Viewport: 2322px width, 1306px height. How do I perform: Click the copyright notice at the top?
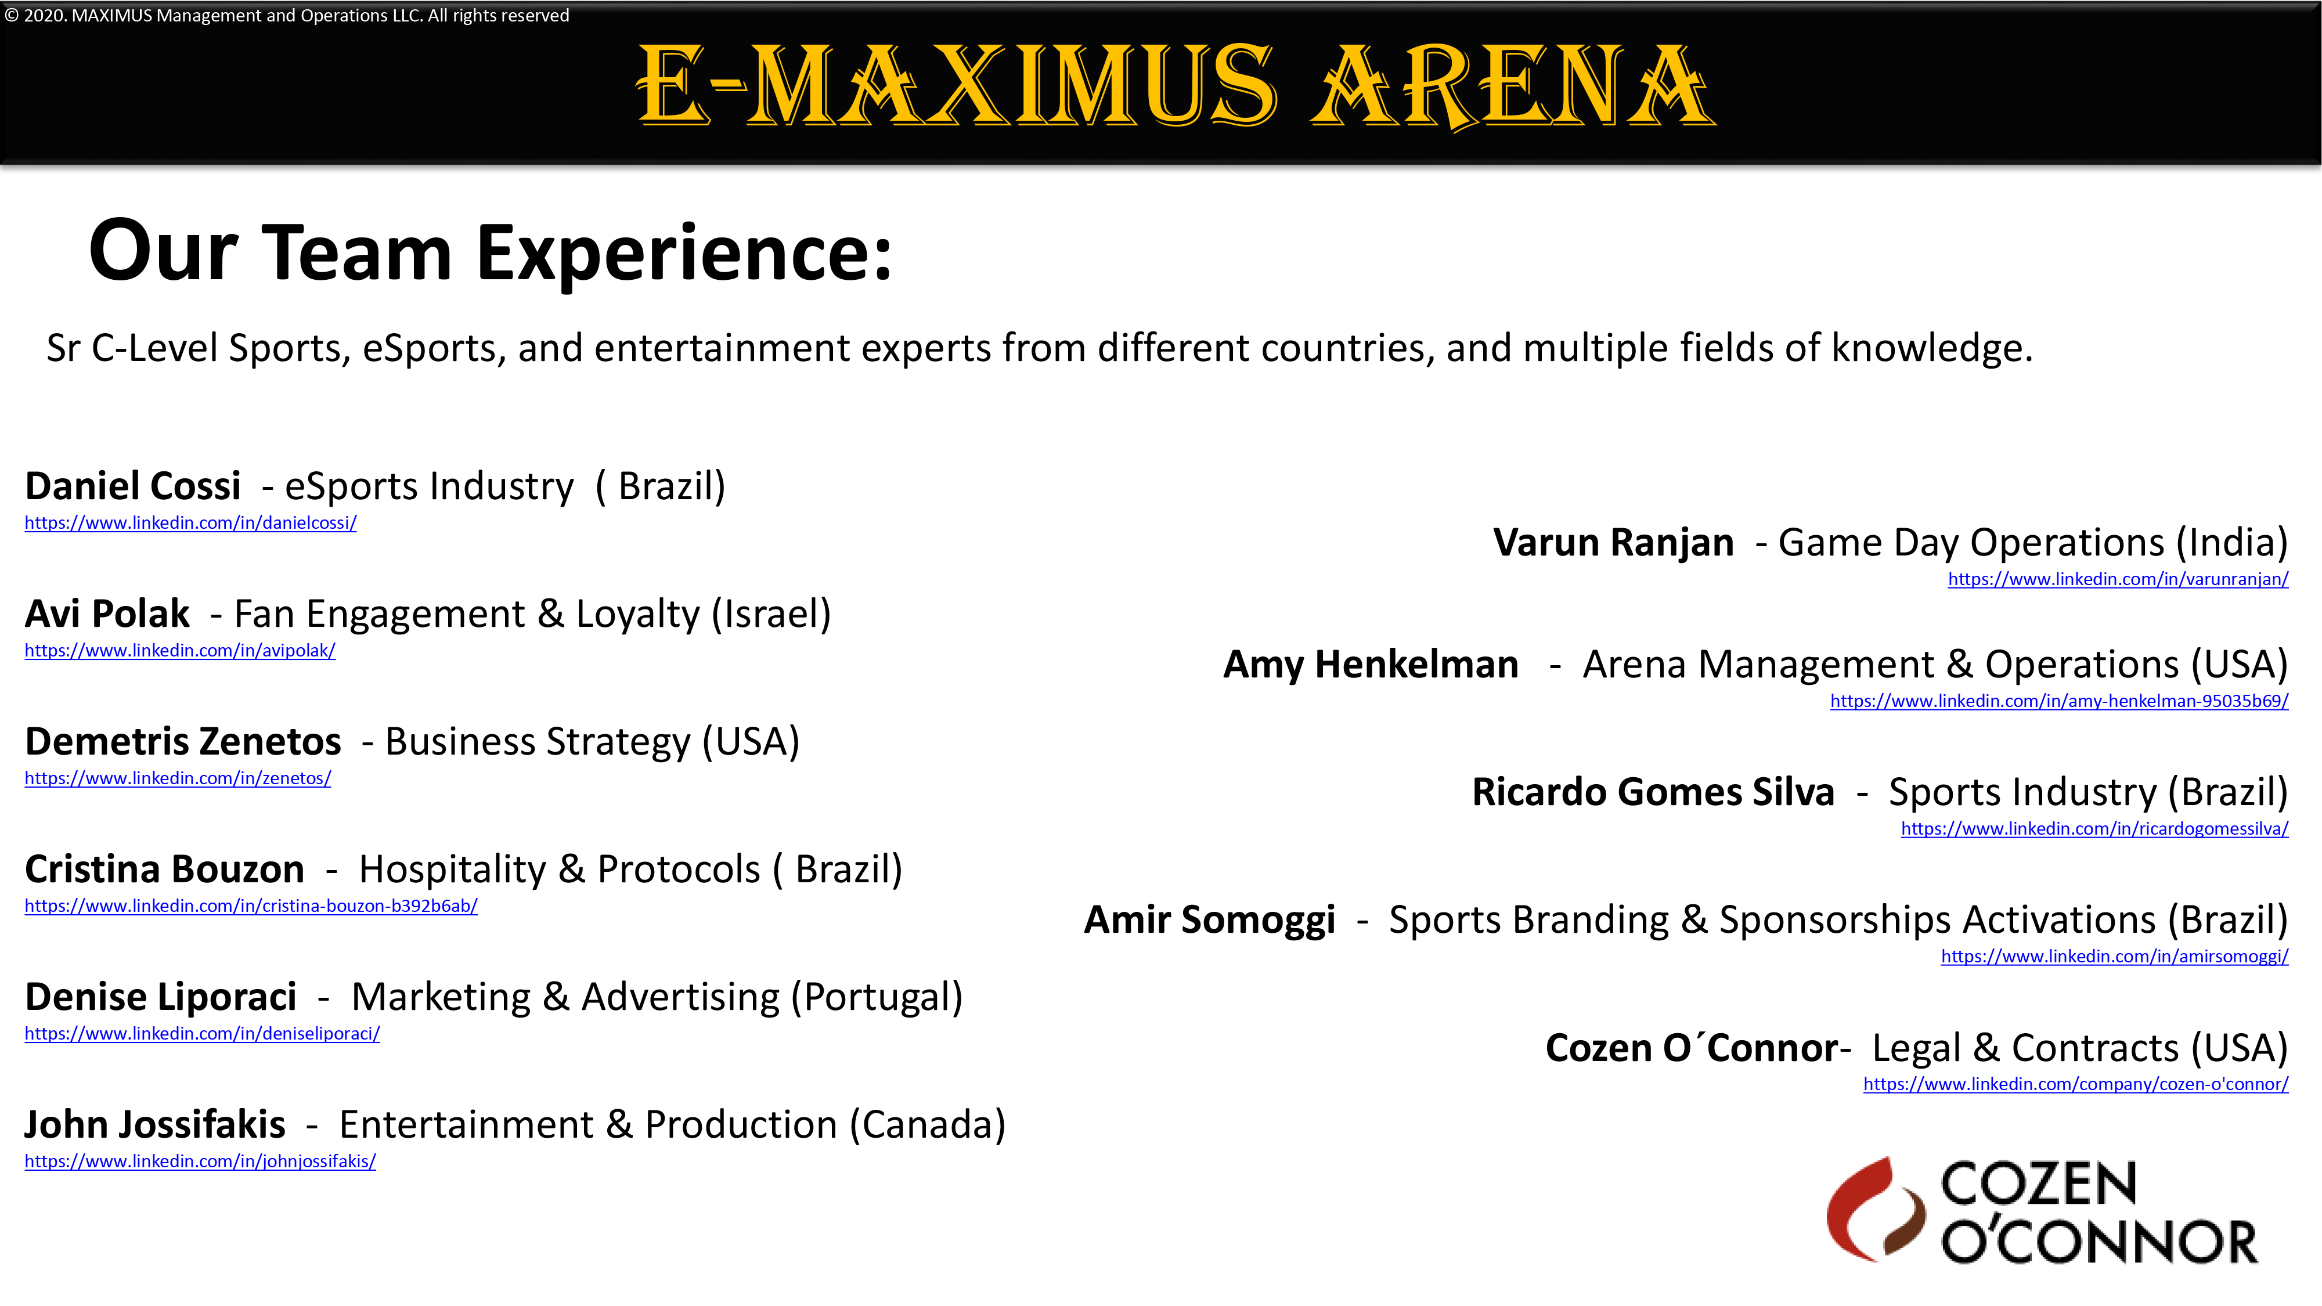pos(287,15)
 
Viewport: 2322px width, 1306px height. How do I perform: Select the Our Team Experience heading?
pos(491,252)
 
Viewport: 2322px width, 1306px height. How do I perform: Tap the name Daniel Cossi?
pos(132,486)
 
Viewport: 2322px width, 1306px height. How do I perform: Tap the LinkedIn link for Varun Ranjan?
pos(2118,579)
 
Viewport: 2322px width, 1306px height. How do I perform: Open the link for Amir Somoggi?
pos(2115,957)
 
